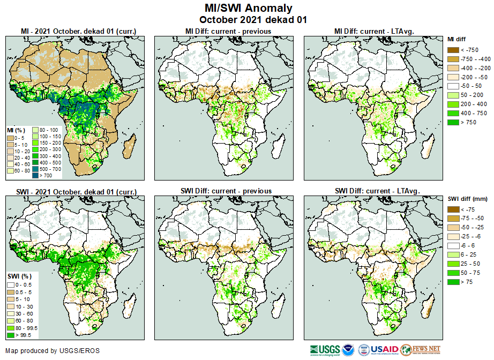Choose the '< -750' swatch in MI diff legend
click(453, 50)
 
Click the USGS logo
click(324, 350)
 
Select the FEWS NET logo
click(421, 350)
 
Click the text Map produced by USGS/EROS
click(53, 351)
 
